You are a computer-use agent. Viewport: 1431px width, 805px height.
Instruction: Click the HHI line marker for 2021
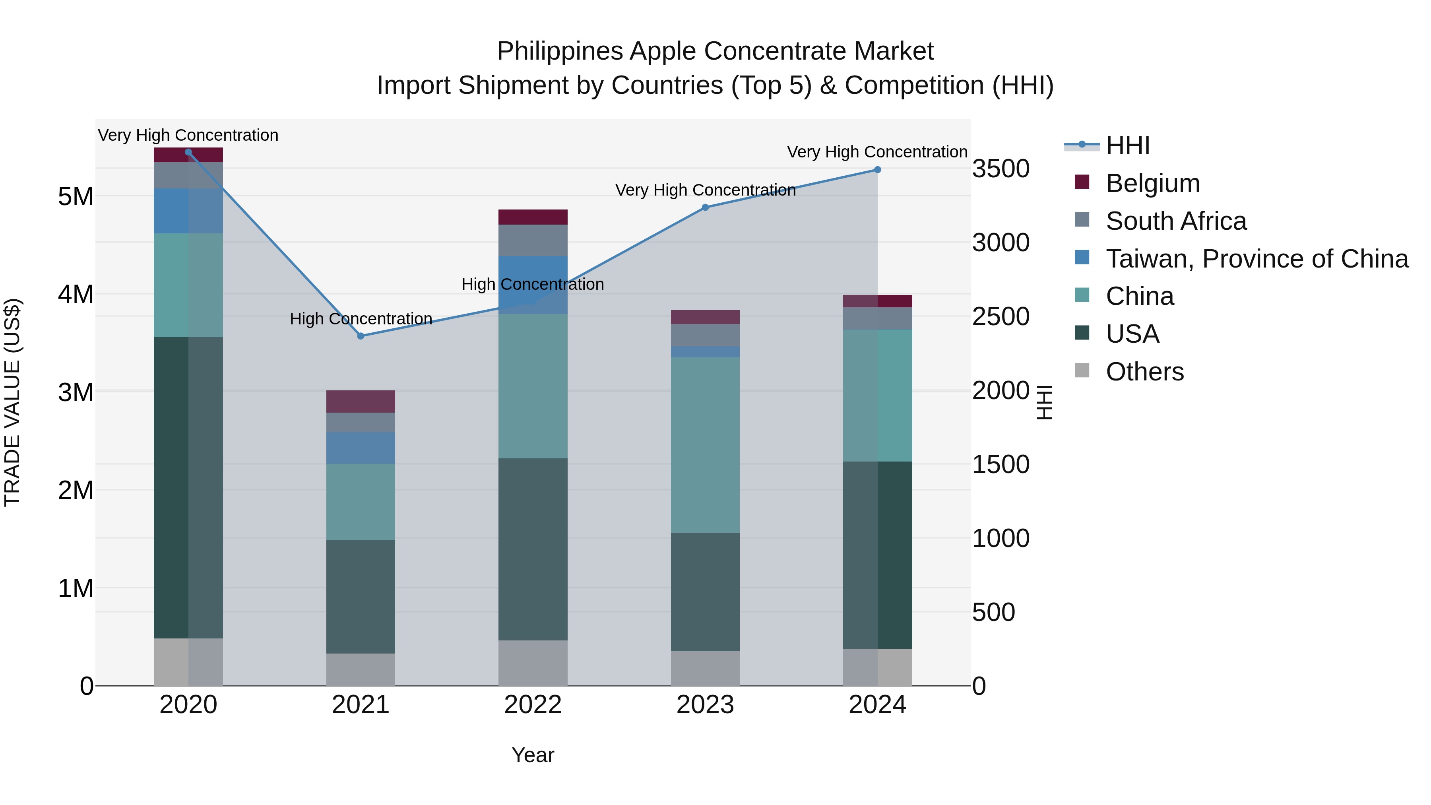coord(361,336)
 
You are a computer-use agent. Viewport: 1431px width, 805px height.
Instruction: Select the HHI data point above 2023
coord(705,207)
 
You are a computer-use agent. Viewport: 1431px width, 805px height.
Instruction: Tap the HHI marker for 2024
coord(877,169)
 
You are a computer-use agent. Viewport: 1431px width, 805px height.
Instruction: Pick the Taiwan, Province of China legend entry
coord(1256,259)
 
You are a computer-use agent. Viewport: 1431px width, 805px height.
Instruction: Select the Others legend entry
coord(1144,372)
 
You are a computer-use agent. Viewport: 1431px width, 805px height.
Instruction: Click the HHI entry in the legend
coord(1127,145)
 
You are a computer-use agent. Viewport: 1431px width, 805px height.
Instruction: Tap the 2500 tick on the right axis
coord(1001,317)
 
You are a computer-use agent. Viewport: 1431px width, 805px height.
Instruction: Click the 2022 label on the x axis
coord(533,705)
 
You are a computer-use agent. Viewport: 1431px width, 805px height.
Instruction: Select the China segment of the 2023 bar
coord(705,444)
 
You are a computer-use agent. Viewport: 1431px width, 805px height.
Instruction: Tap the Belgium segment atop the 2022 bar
coord(533,217)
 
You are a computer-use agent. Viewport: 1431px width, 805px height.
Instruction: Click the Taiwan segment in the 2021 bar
coord(361,448)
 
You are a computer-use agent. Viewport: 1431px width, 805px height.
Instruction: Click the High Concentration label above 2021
coord(361,319)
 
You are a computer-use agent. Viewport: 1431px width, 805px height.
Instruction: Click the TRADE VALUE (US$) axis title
coord(12,402)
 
